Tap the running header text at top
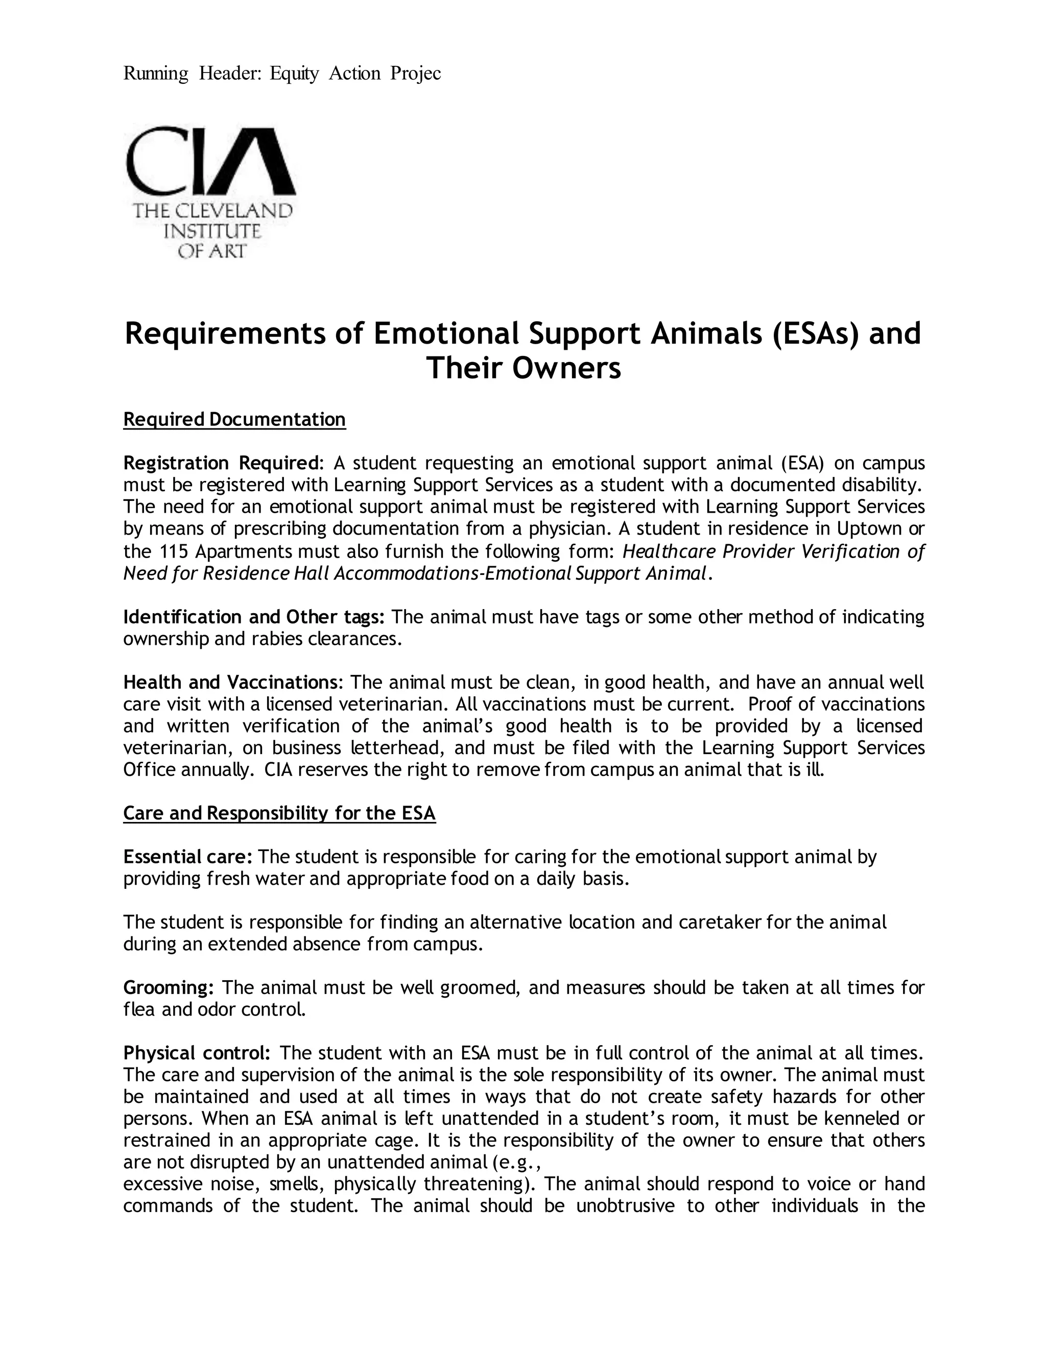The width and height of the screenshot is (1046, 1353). click(282, 74)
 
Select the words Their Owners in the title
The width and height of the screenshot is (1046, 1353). click(523, 369)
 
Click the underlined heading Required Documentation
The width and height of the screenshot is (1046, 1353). click(234, 419)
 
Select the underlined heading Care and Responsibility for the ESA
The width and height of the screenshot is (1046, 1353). click(279, 813)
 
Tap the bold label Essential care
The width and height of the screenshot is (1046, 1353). click(187, 857)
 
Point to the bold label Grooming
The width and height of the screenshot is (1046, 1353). click(168, 987)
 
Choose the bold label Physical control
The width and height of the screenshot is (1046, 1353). click(196, 1053)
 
